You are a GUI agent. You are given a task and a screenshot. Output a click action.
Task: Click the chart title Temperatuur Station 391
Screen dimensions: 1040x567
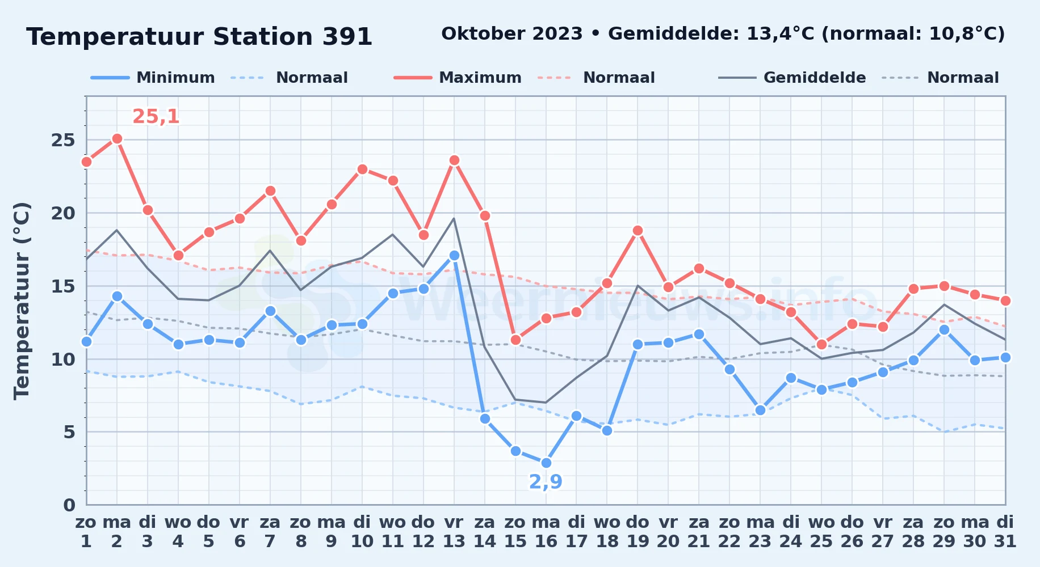(x=199, y=37)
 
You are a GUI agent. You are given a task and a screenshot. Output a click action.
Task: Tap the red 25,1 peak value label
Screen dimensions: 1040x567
(x=156, y=116)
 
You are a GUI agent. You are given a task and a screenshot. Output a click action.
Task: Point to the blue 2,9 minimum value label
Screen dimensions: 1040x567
(x=546, y=481)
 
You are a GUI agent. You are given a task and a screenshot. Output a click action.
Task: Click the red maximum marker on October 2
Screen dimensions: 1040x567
(x=117, y=138)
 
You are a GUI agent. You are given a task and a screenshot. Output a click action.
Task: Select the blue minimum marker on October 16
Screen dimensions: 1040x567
(x=546, y=463)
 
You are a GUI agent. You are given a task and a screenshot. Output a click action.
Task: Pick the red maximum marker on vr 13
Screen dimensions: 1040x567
(x=454, y=160)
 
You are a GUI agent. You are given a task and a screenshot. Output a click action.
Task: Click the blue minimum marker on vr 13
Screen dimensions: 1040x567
(x=454, y=255)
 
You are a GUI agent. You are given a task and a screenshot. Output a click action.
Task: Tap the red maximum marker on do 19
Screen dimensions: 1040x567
(x=638, y=230)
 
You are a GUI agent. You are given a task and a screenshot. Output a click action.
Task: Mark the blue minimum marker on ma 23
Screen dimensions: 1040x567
(x=760, y=410)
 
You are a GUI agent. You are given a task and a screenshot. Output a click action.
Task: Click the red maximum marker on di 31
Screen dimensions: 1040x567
(x=1005, y=301)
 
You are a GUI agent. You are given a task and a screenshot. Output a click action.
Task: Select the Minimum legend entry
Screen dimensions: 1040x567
(x=153, y=78)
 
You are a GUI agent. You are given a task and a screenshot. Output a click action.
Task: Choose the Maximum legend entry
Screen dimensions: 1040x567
(x=458, y=78)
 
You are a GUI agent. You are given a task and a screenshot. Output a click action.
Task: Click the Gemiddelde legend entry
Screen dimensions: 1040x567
(x=792, y=78)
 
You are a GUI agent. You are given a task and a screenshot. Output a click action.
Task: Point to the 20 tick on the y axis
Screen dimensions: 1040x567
(x=63, y=213)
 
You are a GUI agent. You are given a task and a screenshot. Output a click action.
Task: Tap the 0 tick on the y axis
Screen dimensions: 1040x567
(x=69, y=505)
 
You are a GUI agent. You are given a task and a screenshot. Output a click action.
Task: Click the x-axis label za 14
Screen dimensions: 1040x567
(x=485, y=532)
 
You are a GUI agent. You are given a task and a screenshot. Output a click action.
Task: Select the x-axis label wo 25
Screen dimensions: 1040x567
(x=821, y=532)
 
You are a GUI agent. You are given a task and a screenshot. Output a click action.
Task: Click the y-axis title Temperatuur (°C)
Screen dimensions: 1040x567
(x=22, y=301)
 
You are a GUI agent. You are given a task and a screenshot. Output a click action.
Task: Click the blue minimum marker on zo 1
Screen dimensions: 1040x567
(x=86, y=341)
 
